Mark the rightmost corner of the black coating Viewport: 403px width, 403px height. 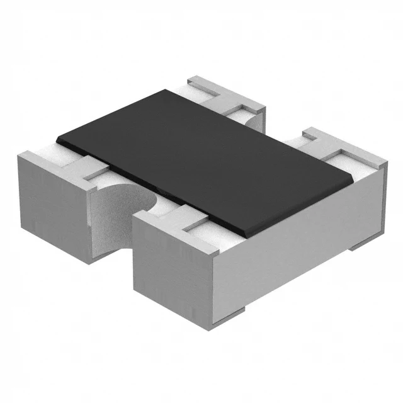(x=350, y=178)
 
